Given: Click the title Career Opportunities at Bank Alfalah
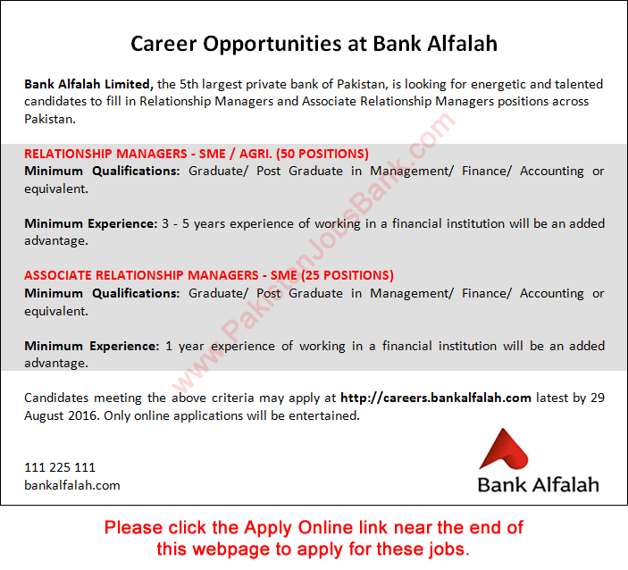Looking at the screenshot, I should click(x=314, y=43).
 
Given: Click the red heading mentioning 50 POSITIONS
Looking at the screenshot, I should click(x=197, y=154).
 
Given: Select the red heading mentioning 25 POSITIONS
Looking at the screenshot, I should click(x=209, y=276).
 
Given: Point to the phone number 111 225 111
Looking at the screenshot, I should click(x=60, y=467).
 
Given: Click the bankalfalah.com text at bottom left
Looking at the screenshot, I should click(x=72, y=485).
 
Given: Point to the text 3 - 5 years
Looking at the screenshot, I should click(x=202, y=223).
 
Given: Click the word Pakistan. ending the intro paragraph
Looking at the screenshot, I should click(x=50, y=119).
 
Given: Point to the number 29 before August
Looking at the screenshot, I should click(x=597, y=398).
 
